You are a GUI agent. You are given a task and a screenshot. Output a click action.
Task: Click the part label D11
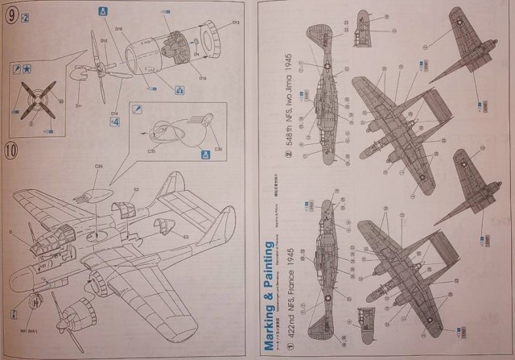coord(79,105)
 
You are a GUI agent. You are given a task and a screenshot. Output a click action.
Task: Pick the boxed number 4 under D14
coord(115,122)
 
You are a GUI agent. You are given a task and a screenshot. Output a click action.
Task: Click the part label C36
coord(99,165)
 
